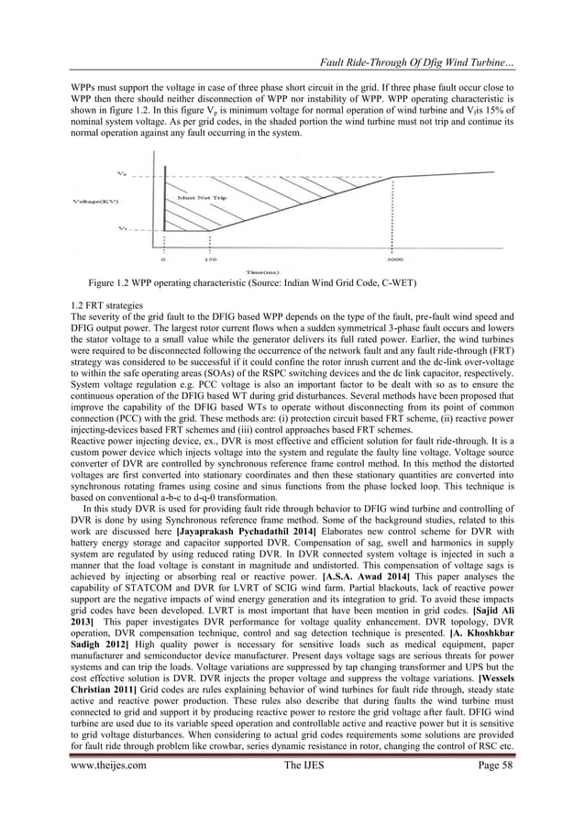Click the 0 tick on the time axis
point(164,259)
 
